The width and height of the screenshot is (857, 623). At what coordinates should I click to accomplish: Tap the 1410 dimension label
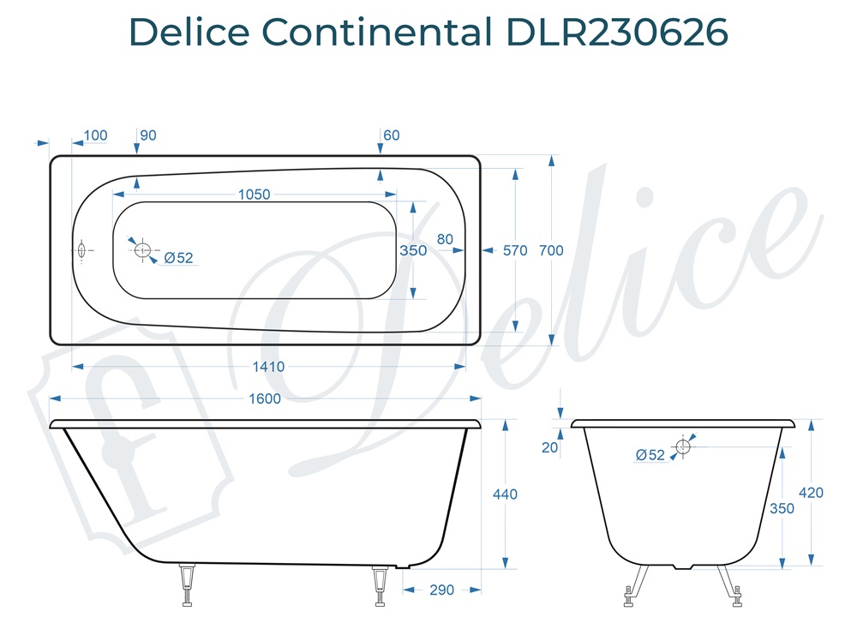268,367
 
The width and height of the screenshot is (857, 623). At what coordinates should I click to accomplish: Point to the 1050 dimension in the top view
254,195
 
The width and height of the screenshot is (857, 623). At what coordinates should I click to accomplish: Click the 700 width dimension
551,250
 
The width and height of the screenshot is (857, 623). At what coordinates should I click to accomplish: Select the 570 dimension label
515,250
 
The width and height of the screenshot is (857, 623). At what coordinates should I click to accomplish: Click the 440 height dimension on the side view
506,494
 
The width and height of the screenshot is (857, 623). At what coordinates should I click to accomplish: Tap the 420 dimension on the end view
810,493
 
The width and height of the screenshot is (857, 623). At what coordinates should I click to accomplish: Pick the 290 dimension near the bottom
441,590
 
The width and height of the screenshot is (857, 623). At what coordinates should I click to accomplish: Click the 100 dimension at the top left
95,135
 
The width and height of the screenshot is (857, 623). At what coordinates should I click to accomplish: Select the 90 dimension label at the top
147,135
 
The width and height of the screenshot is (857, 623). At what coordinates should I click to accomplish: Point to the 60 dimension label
392,135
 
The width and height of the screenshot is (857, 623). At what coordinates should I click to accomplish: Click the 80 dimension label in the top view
445,239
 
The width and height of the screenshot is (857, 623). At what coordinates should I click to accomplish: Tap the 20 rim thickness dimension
550,446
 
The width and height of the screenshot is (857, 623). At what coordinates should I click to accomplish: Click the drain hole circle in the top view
142,250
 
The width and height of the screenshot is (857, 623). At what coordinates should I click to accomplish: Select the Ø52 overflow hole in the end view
683,446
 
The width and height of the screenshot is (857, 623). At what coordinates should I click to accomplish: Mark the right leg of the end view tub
729,583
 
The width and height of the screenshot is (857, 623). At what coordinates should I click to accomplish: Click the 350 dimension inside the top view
413,250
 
